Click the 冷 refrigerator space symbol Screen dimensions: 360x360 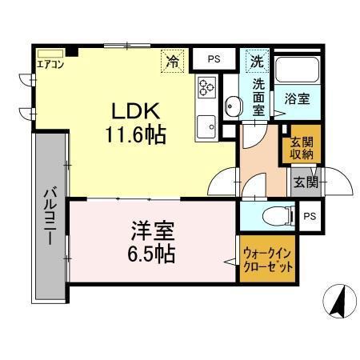[x=172, y=59]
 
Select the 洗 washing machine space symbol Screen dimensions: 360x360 [x=256, y=61]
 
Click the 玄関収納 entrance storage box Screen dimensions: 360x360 [x=301, y=146]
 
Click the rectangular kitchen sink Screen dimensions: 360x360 [x=206, y=125]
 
